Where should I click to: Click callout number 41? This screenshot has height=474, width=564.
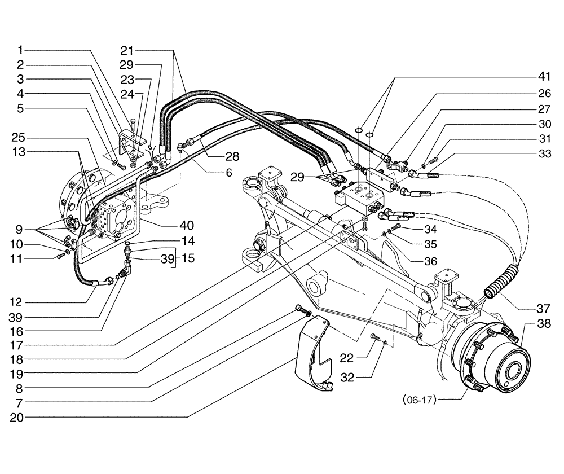[543, 77]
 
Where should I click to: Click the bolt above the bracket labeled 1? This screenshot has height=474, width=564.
[132, 121]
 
